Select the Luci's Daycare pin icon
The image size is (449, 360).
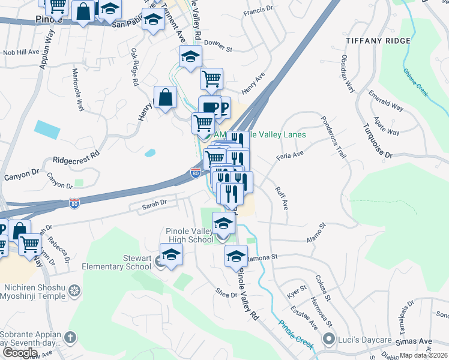328,340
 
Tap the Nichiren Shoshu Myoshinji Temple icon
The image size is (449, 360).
74,291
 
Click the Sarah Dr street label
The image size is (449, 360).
154,205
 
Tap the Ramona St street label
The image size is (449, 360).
265,257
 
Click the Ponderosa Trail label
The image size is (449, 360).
334,136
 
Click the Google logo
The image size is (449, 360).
20,353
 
